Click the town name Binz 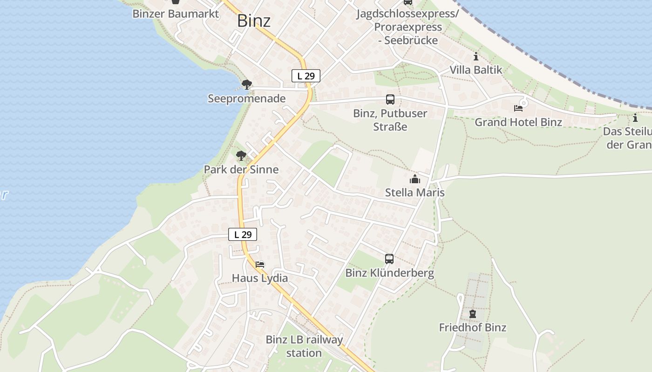coord(253,21)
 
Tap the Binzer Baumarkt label coord(176,13)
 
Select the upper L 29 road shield coord(306,76)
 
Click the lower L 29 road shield coord(243,234)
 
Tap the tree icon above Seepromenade coord(247,85)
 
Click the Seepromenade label coord(246,99)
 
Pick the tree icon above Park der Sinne coord(241,155)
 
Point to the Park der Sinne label coord(241,169)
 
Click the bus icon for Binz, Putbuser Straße coord(390,100)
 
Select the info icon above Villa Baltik coord(476,57)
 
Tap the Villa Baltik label coord(476,70)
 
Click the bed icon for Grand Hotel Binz coord(518,108)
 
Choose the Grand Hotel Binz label coord(518,122)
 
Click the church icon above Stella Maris coord(414,179)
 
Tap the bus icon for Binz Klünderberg coord(389,259)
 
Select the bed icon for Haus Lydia coord(260,265)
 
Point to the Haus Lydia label coord(260,278)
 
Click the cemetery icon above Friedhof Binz coord(473,314)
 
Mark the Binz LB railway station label coord(304,346)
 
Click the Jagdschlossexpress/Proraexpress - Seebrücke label coord(408,27)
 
